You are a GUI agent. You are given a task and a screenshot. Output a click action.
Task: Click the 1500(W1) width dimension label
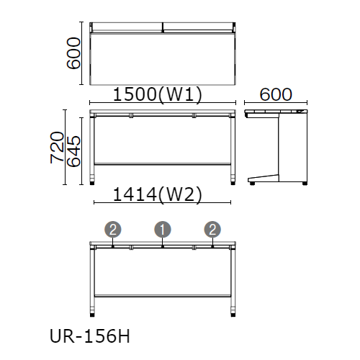[158, 95]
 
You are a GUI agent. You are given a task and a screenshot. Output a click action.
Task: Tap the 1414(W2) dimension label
[158, 195]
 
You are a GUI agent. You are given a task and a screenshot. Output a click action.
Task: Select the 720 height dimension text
[58, 148]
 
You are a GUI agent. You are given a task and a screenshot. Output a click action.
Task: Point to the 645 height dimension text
[73, 151]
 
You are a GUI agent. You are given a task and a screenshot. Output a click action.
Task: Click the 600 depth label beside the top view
[73, 53]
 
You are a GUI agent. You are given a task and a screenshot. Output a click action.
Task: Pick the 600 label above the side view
[276, 94]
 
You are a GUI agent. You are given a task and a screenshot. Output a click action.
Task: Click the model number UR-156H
[90, 336]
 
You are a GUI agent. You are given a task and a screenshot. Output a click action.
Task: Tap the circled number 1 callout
[163, 230]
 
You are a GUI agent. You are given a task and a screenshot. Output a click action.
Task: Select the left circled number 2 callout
[112, 230]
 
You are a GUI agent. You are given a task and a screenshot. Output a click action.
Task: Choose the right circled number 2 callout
[212, 230]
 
